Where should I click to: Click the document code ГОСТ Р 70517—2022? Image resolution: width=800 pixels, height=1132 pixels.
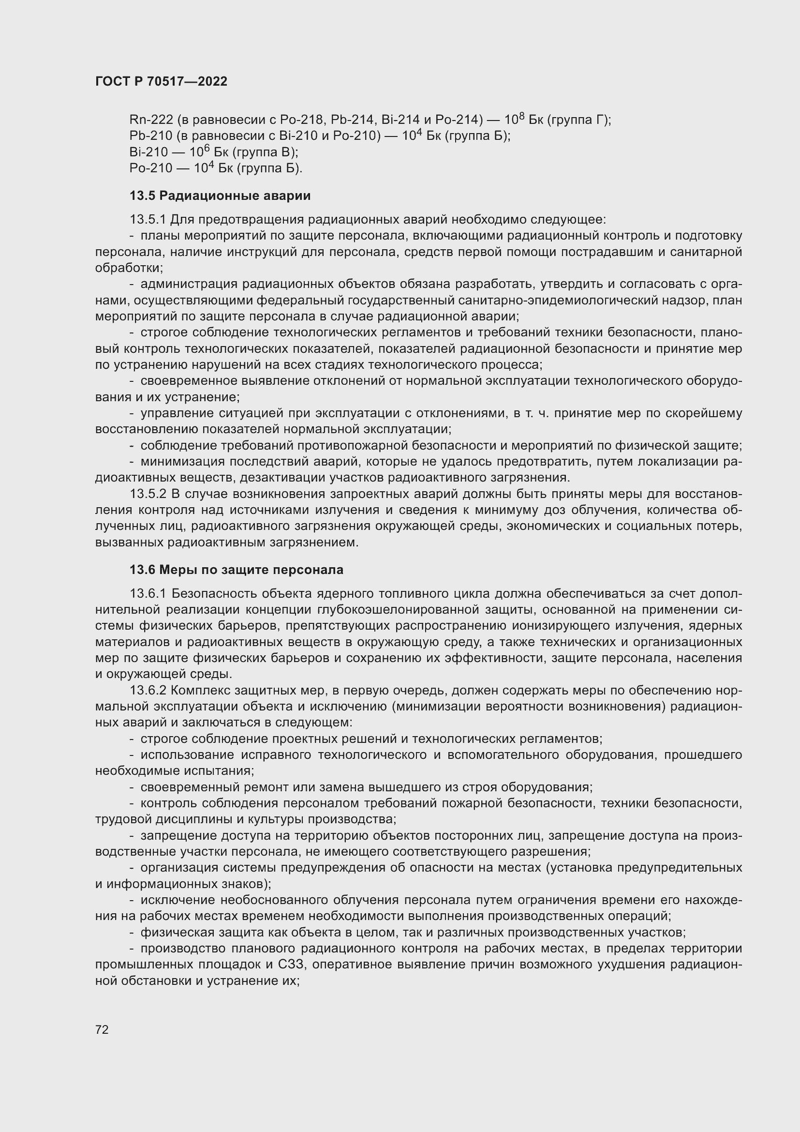point(161,81)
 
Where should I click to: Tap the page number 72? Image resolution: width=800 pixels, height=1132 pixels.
point(102,1029)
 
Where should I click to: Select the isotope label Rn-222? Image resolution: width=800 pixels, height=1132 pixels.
point(151,120)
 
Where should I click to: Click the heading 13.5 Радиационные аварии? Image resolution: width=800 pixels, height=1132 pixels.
point(220,196)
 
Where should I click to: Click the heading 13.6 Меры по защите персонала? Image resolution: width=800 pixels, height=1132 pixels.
point(236,570)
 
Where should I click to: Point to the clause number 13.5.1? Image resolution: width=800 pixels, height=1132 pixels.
point(148,219)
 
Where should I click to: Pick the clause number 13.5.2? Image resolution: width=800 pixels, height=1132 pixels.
point(148,494)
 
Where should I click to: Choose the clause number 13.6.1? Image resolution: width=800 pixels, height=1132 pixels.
point(148,594)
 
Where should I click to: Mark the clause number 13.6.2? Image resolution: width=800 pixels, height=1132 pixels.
point(148,690)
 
